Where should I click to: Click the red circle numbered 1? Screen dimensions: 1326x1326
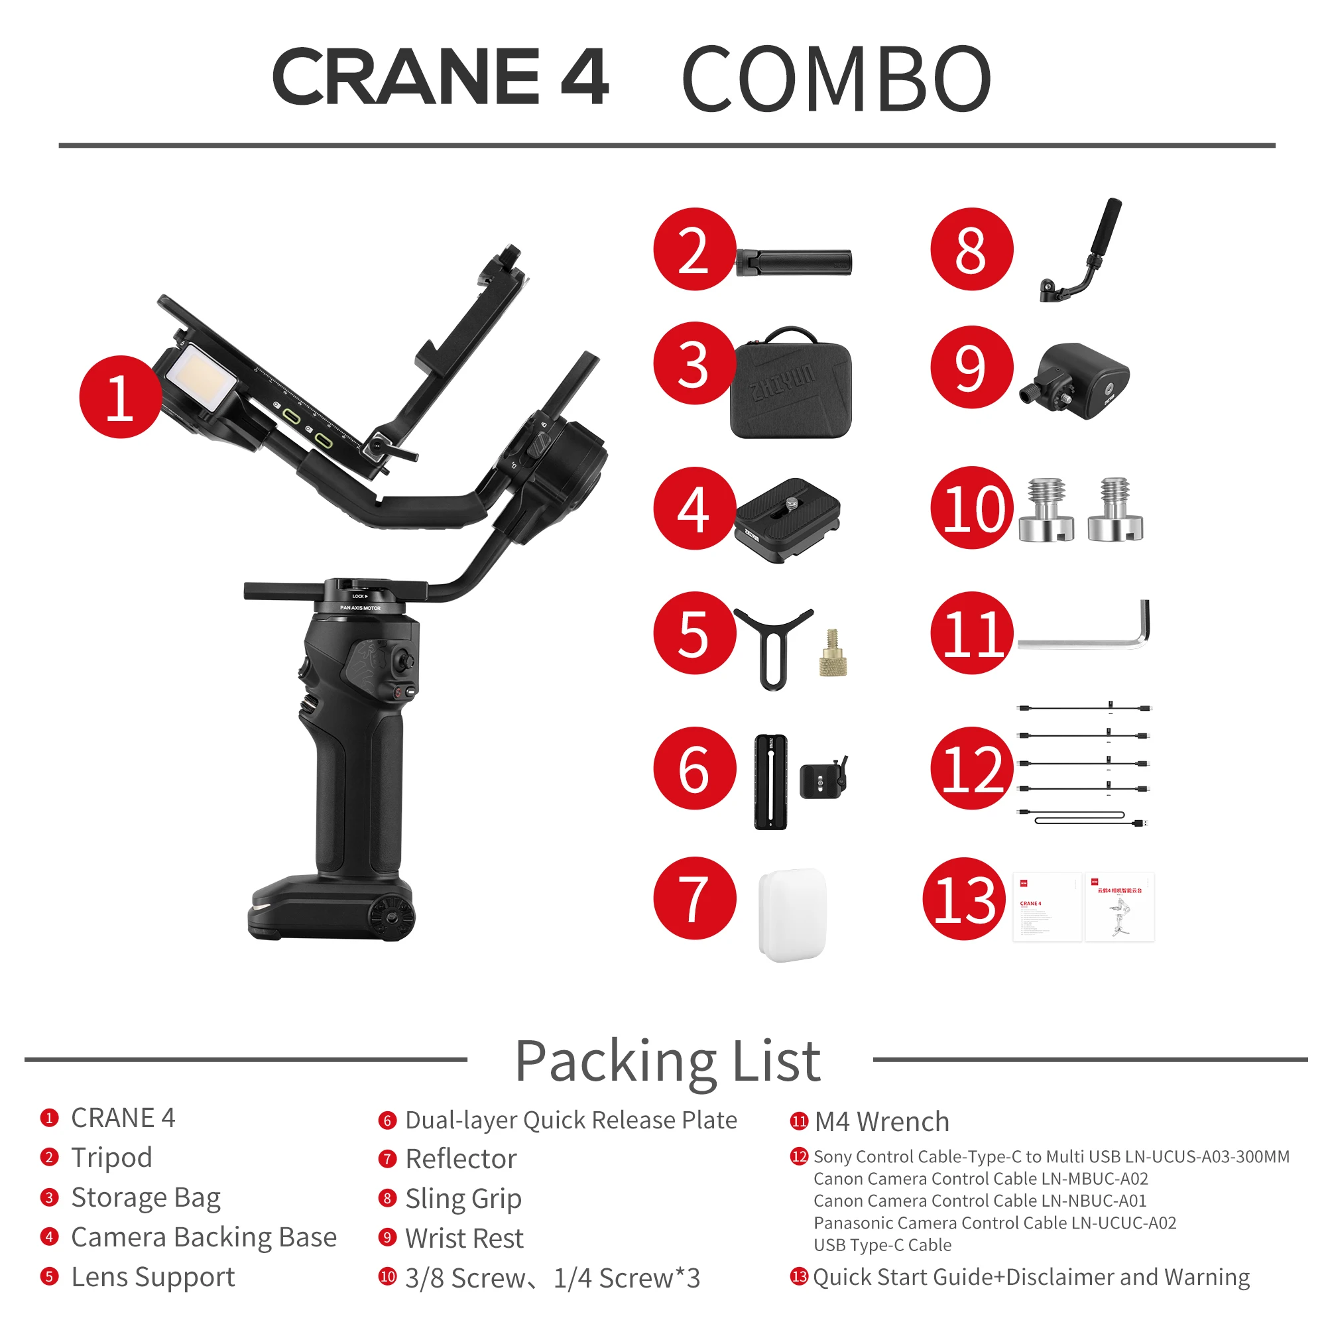point(121,396)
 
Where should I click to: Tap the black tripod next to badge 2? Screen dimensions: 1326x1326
point(795,263)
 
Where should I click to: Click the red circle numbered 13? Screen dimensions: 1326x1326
point(964,898)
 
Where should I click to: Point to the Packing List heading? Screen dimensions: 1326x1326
point(667,1061)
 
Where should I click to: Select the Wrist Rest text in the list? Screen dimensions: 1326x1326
point(464,1238)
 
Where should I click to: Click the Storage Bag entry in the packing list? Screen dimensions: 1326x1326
point(145,1197)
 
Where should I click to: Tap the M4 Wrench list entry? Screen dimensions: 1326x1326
point(882,1122)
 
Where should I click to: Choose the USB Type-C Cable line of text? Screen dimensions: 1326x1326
point(882,1244)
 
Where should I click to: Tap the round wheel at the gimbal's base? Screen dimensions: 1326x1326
point(391,918)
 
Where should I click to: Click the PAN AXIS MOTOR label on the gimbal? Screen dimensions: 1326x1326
point(360,608)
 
